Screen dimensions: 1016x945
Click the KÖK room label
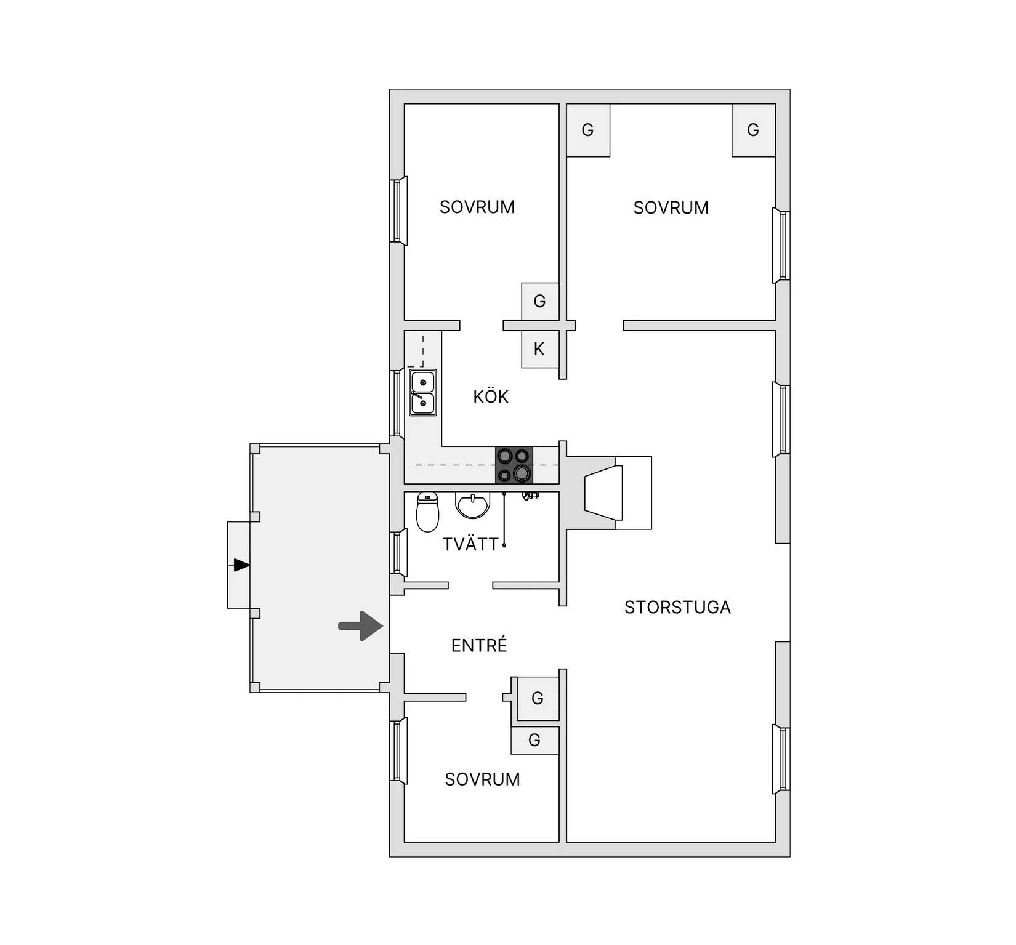click(x=491, y=396)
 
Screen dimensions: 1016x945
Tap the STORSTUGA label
click(x=677, y=608)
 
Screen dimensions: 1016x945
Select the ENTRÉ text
click(x=479, y=645)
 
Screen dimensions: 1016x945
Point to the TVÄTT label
click(x=470, y=544)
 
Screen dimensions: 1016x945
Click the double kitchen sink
click(x=423, y=392)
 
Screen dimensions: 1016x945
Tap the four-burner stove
click(x=514, y=465)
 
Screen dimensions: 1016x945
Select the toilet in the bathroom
click(x=427, y=511)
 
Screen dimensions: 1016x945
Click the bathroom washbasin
click(x=472, y=505)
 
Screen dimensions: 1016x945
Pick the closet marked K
click(x=540, y=349)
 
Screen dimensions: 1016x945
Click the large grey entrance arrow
click(x=361, y=626)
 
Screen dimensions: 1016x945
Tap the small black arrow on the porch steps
click(x=241, y=565)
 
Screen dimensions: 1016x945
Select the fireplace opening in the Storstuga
click(x=603, y=493)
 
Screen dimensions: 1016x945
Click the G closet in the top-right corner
click(x=753, y=130)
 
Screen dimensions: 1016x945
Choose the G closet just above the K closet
click(x=540, y=301)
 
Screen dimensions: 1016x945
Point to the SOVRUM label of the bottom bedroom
click(x=482, y=779)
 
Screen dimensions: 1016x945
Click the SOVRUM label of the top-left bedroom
click(x=477, y=207)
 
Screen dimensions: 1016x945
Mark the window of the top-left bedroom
click(x=398, y=211)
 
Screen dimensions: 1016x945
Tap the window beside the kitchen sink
click(x=397, y=404)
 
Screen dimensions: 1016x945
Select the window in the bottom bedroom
click(x=398, y=751)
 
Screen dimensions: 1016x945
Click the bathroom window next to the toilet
click(x=398, y=552)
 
